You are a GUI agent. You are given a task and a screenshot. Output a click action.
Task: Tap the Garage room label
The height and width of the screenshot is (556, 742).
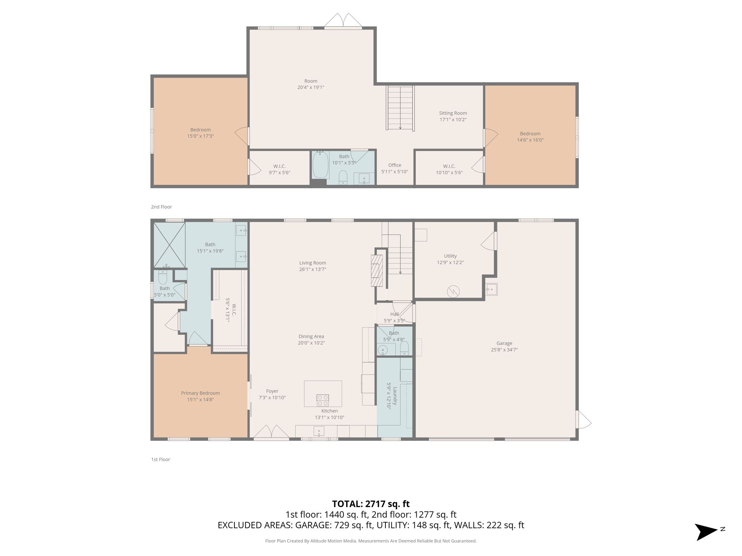[504, 343]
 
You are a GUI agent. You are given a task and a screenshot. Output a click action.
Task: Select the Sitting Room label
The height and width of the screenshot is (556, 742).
[453, 113]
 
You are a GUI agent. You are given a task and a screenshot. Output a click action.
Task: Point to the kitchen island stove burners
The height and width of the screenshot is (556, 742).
[322, 400]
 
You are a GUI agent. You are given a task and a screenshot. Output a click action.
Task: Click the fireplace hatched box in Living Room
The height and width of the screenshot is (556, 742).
[377, 271]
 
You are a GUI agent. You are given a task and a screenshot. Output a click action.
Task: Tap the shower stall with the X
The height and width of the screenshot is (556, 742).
[170, 245]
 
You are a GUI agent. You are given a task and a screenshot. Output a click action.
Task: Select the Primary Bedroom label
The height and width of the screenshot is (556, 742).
[200, 393]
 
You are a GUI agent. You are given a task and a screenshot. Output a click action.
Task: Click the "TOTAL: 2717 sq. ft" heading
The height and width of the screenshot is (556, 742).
[371, 504]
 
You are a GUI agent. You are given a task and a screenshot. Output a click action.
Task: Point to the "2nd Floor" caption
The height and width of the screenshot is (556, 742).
[161, 207]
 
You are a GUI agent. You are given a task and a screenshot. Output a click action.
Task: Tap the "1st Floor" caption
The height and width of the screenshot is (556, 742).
[161, 459]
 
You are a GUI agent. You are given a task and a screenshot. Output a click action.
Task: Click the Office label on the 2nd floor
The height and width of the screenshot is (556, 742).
[395, 165]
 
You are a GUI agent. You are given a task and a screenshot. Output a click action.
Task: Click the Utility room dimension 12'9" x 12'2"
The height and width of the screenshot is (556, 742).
[450, 262]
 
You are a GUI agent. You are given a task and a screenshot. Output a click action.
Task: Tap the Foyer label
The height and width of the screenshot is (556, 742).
[272, 391]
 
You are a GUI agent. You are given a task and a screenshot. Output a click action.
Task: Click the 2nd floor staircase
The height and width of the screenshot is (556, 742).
[400, 108]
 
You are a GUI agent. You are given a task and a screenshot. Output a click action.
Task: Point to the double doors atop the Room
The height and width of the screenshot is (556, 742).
[343, 21]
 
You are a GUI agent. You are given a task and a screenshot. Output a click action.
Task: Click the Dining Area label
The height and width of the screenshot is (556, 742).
[311, 337]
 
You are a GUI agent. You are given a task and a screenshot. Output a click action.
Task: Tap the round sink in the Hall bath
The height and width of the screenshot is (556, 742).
[383, 350]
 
